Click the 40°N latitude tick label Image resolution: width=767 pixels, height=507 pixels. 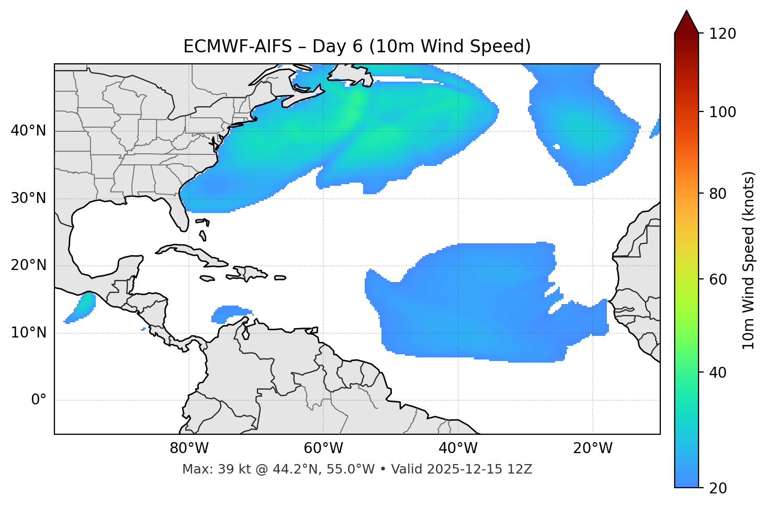(28, 131)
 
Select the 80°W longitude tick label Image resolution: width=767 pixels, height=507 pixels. (189, 448)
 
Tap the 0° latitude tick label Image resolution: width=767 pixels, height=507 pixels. (39, 400)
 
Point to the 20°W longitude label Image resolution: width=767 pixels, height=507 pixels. (593, 448)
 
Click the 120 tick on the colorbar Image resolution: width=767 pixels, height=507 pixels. (723, 34)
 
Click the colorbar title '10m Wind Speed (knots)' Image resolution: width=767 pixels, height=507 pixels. (749, 261)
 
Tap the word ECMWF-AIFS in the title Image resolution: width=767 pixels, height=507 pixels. (238, 47)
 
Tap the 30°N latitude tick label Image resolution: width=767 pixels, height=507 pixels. (28, 199)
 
